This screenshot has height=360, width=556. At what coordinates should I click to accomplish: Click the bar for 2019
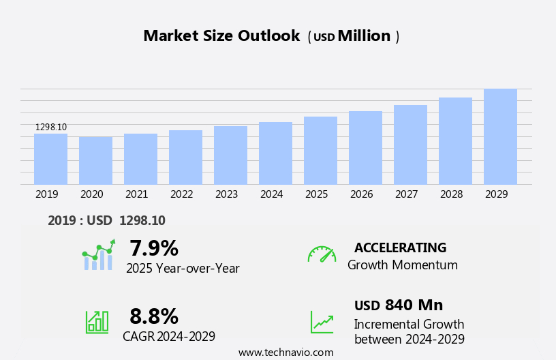click(x=50, y=159)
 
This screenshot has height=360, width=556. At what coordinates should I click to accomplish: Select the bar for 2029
click(x=500, y=136)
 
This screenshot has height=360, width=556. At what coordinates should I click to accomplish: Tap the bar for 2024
click(x=275, y=153)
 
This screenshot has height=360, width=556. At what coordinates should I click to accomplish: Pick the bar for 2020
click(x=95, y=161)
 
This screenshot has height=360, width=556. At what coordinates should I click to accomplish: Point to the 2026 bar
click(x=365, y=148)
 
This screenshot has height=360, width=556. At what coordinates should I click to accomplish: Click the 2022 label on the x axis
click(x=181, y=194)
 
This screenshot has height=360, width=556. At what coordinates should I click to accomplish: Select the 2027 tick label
click(x=406, y=194)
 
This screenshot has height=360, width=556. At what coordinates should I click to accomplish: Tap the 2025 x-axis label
click(x=316, y=194)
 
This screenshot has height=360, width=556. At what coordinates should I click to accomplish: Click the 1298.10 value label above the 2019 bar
click(x=51, y=127)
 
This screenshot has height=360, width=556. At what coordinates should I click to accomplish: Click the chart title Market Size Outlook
click(x=221, y=36)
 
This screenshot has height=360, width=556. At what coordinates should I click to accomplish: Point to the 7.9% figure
click(x=154, y=248)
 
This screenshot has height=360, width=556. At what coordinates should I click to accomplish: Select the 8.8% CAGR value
click(x=154, y=316)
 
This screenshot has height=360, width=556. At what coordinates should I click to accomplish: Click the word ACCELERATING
click(x=400, y=247)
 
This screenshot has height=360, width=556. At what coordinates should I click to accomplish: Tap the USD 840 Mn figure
click(x=399, y=305)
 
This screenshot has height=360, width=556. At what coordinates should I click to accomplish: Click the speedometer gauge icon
click(x=322, y=254)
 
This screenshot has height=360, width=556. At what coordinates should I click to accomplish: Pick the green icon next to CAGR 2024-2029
click(x=97, y=321)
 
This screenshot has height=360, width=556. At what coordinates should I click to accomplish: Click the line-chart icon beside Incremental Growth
click(x=322, y=321)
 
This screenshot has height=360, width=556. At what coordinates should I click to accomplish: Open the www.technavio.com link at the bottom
click(x=285, y=352)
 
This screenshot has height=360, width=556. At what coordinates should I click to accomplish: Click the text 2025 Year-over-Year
click(x=183, y=269)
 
